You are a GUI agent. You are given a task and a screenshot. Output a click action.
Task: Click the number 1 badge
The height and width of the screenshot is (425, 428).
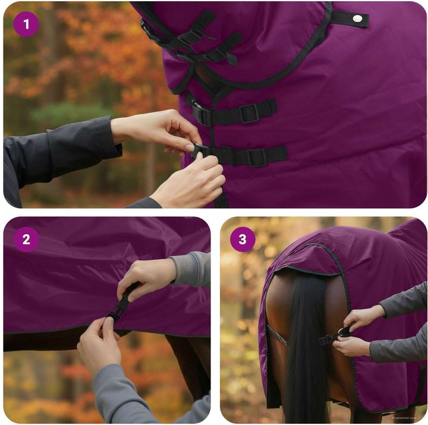tap(26, 24)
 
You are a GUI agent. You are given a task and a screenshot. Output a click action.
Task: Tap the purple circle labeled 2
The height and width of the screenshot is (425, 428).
tap(26, 240)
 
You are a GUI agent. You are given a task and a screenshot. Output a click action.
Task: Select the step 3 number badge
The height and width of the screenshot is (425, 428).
tap(243, 240)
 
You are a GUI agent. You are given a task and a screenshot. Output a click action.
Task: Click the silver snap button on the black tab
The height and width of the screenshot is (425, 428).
tap(357, 18)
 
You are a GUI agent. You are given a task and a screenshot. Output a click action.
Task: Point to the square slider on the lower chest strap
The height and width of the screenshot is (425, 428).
tap(257, 157)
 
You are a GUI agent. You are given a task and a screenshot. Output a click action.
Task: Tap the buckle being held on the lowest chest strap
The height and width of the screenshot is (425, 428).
tap(202, 152)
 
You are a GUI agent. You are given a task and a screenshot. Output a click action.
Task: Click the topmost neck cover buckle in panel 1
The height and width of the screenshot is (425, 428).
tap(189, 37)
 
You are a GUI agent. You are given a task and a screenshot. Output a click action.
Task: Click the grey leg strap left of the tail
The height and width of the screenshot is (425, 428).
tap(276, 335)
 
